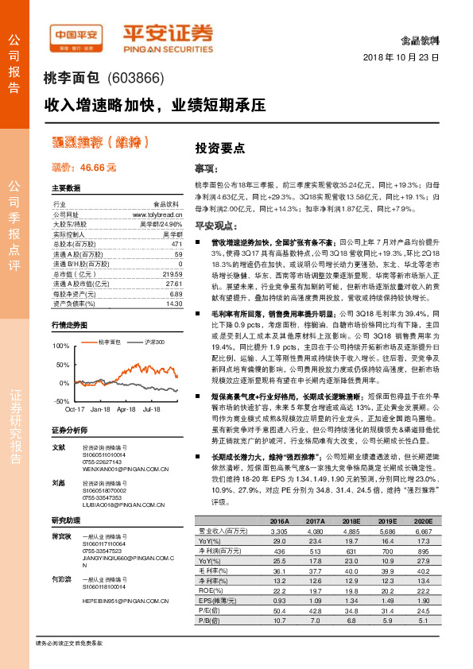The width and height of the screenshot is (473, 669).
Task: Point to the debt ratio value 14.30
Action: pyautogui.click(x=174, y=303)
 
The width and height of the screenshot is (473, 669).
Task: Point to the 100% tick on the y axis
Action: pyautogui.click(x=61, y=347)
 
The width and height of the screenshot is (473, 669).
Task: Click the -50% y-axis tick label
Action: pyautogui.click(x=62, y=401)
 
